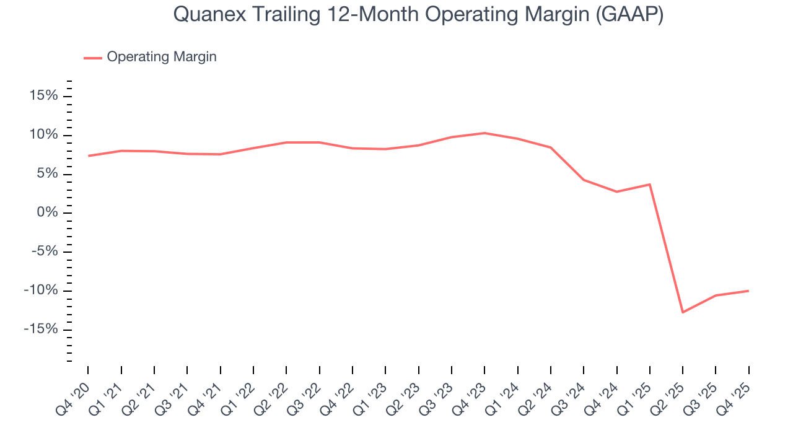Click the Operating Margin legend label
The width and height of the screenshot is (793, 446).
pyautogui.click(x=162, y=57)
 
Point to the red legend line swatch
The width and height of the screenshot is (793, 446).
pyautogui.click(x=93, y=58)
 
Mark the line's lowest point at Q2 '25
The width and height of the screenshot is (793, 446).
pyautogui.click(x=683, y=312)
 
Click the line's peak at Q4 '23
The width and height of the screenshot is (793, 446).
pyautogui.click(x=484, y=133)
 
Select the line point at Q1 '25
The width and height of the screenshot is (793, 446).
pyautogui.click(x=650, y=184)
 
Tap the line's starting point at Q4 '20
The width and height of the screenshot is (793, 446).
pyautogui.click(x=89, y=155)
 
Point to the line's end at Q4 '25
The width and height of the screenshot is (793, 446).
pyautogui.click(x=748, y=291)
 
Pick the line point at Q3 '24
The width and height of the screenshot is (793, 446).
pyautogui.click(x=584, y=180)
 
